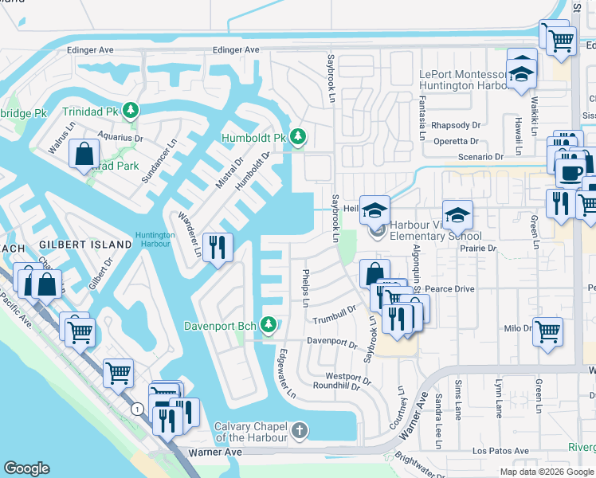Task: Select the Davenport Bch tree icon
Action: point(269,324)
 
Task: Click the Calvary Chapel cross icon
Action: point(299,432)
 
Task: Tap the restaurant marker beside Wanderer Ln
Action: point(218,248)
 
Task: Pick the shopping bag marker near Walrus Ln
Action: point(84,155)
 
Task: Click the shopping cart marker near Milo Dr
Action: point(547,331)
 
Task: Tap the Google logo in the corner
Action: point(27,468)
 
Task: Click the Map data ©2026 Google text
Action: point(547,472)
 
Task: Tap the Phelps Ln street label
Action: point(305,288)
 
